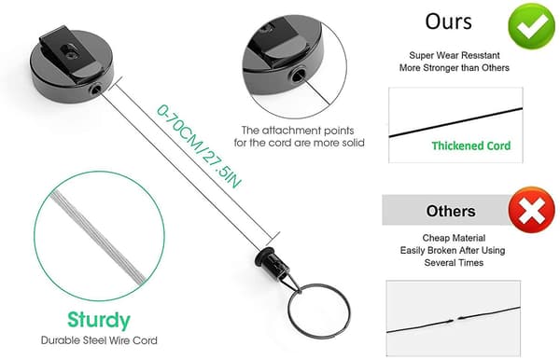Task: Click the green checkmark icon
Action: pos(531,26)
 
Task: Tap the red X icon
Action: pos(531,210)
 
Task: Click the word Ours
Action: pos(448,21)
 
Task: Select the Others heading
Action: pos(451,211)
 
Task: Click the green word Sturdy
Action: pos(99,321)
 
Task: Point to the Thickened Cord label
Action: pos(471,145)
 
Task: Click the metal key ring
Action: pos(318,311)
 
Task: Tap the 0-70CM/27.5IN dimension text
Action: pos(199,145)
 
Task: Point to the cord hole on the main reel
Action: pos(95,90)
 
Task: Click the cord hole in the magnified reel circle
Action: pos(297,76)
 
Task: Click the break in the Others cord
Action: pos(454,320)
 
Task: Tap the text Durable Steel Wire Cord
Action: pos(99,340)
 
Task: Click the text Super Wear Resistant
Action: pos(455,55)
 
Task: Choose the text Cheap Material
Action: pos(454,238)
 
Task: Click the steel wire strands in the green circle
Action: pos(99,237)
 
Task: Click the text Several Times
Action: pos(454,263)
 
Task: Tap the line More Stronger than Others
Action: pos(455,68)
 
